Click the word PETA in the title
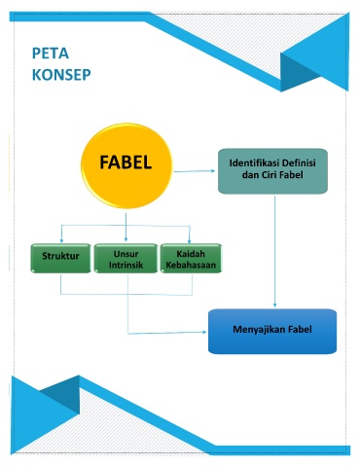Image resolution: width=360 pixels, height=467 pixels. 51,54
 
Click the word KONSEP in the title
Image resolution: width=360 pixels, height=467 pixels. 61,75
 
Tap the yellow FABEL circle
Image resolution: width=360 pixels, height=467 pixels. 126,165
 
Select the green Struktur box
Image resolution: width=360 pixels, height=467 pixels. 60,258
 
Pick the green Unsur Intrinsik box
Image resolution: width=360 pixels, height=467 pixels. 126,258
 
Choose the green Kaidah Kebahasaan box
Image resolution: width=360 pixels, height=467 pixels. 191,258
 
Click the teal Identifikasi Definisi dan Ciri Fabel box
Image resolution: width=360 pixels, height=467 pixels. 272,171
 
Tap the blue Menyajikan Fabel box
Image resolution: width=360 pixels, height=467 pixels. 272,331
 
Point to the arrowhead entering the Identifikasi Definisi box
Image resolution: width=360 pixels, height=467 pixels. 213,171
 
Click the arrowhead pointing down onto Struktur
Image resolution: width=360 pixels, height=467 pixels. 61,240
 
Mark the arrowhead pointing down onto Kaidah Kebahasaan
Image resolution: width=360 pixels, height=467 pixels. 190,240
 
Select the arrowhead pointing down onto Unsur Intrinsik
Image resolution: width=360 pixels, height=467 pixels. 126,239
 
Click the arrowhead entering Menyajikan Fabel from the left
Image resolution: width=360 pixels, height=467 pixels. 204,332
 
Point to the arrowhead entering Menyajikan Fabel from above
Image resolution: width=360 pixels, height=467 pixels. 274,305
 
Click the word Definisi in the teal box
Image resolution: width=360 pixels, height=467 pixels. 299,162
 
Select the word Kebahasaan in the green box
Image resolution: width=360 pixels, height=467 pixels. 191,265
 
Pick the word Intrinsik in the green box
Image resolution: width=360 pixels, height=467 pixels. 126,265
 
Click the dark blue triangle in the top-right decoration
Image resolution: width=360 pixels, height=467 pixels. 297,69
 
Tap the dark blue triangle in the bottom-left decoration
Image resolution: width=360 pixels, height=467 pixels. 63,393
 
